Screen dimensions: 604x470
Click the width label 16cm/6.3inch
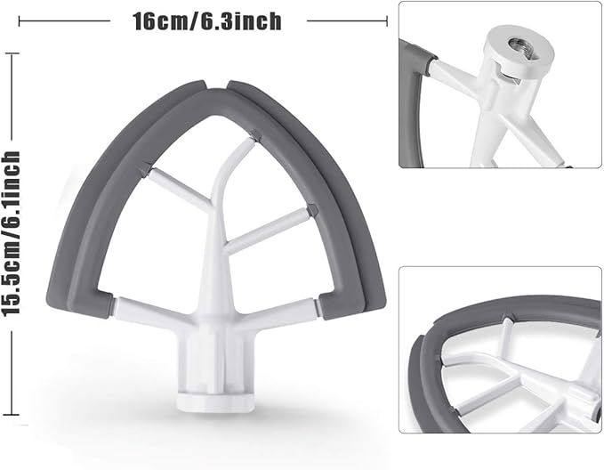(207, 20)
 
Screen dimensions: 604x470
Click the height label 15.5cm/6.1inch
(11, 234)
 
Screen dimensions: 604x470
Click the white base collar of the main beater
(215, 401)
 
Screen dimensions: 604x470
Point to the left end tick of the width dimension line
(19, 20)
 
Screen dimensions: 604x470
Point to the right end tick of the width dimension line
(387, 20)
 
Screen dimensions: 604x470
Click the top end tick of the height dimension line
(12, 54)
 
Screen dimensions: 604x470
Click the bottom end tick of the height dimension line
(12, 415)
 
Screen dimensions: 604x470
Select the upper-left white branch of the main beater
(177, 186)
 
